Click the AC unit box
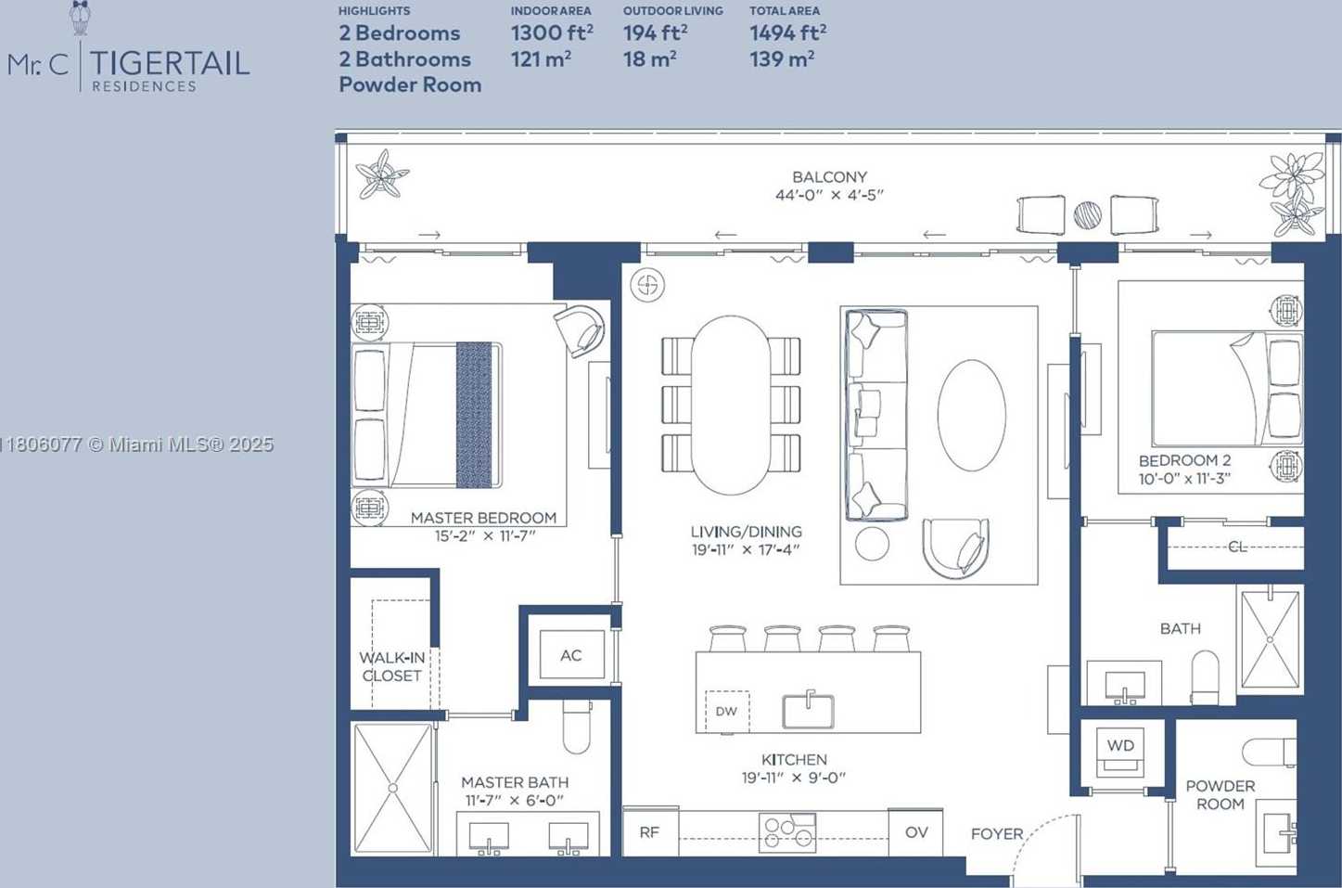click(x=571, y=654)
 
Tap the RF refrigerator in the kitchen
click(x=650, y=831)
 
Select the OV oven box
click(x=915, y=831)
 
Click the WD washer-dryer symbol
click(x=1119, y=752)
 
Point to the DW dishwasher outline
click(x=727, y=712)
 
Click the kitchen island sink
click(x=808, y=711)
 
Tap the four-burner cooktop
click(x=786, y=833)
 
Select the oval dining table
click(x=730, y=405)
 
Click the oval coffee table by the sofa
click(x=971, y=415)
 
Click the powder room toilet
click(x=1269, y=752)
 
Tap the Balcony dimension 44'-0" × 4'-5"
click(x=829, y=195)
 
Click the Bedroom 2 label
click(x=1184, y=460)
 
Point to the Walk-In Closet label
click(x=391, y=667)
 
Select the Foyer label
click(x=997, y=833)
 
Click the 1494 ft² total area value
click(x=787, y=33)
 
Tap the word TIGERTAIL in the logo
click(x=170, y=63)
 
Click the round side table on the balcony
click(x=1087, y=215)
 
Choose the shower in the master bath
click(x=393, y=789)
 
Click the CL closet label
click(x=1237, y=547)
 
